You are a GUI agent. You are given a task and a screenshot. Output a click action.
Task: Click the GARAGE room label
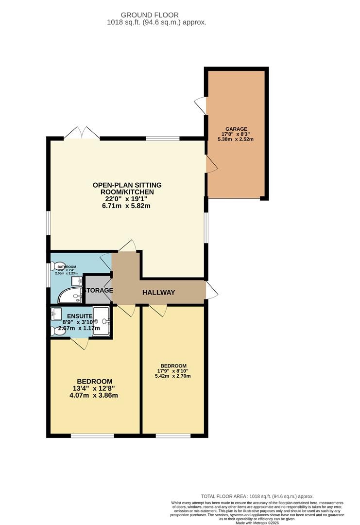click(236, 129)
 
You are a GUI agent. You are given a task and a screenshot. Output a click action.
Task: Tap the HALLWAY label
click(158, 292)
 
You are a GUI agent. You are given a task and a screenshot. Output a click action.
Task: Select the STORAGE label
click(99, 290)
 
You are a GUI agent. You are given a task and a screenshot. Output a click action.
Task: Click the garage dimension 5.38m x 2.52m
click(236, 139)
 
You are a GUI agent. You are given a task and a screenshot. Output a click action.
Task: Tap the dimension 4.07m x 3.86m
click(95, 395)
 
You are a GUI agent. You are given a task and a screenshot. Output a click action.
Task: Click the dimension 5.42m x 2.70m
click(173, 376)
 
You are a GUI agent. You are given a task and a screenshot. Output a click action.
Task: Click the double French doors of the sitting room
click(81, 132)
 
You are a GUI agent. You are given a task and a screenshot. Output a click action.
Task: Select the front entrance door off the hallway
click(211, 290)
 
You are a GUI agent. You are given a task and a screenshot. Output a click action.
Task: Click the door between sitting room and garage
click(211, 164)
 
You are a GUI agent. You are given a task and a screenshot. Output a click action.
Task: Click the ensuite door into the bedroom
click(80, 344)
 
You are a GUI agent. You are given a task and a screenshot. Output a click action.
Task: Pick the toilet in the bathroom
click(54, 267)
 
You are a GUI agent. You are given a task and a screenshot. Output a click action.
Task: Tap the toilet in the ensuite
click(55, 331)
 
